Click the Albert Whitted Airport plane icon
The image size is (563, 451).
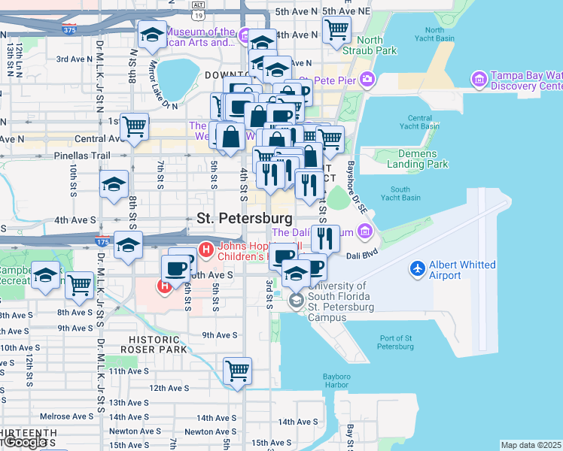click(418, 268)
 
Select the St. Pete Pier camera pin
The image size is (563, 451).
click(367, 78)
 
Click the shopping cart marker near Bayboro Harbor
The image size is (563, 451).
click(237, 370)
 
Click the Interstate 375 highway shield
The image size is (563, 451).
click(70, 31)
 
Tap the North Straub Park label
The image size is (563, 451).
click(376, 45)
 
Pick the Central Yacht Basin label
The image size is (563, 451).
click(419, 123)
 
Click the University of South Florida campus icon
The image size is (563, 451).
click(296, 301)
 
